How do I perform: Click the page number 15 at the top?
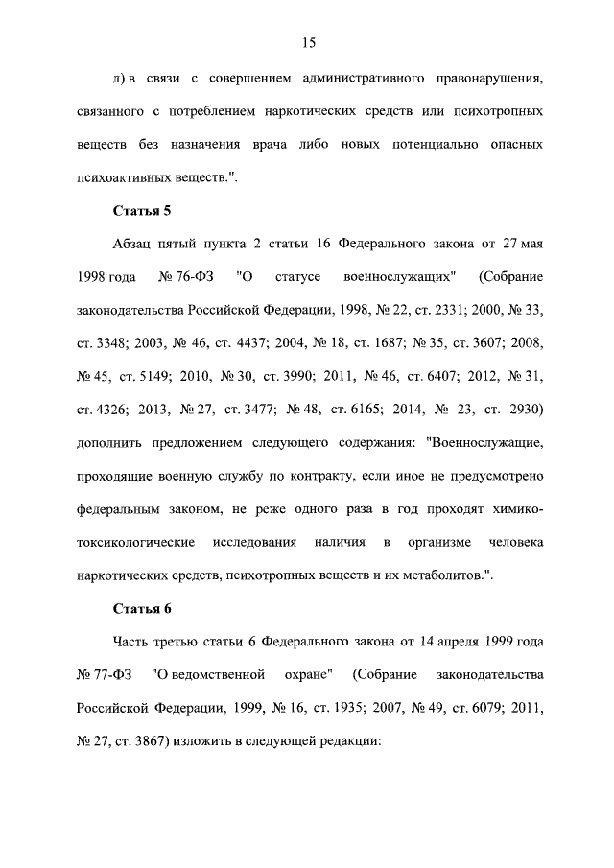[x=308, y=42]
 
